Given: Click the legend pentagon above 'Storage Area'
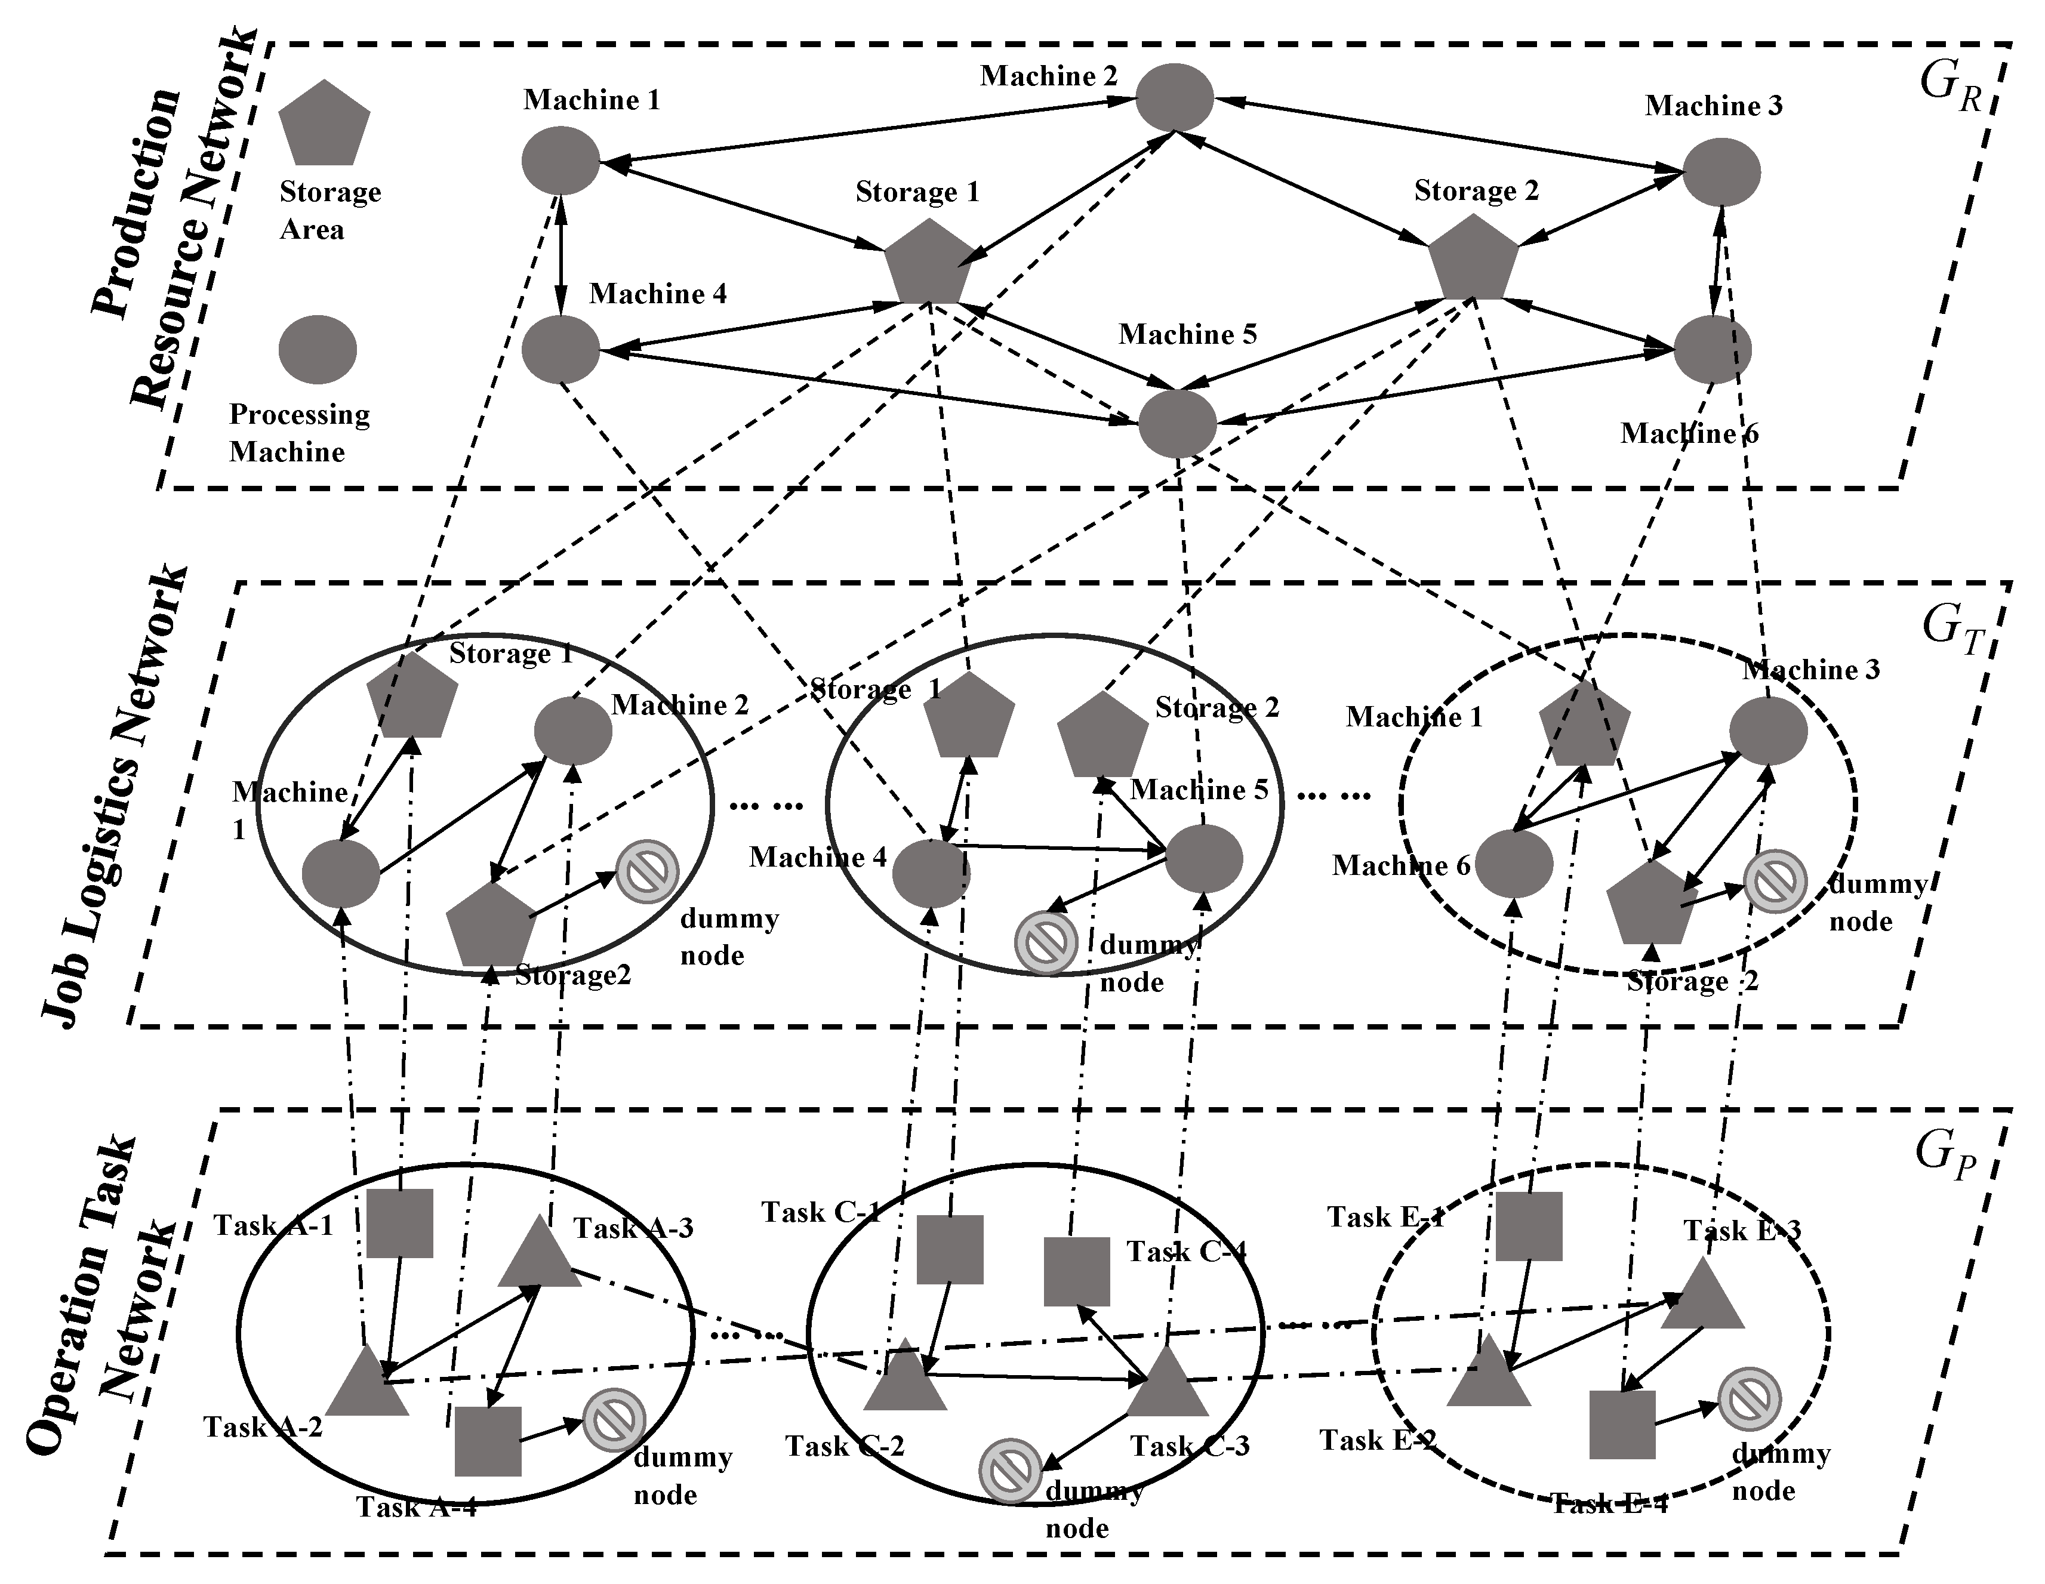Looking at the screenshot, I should (324, 125).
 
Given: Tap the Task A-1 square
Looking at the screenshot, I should (399, 1223).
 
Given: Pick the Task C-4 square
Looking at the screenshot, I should (1077, 1271).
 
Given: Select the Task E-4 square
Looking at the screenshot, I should (1622, 1424).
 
